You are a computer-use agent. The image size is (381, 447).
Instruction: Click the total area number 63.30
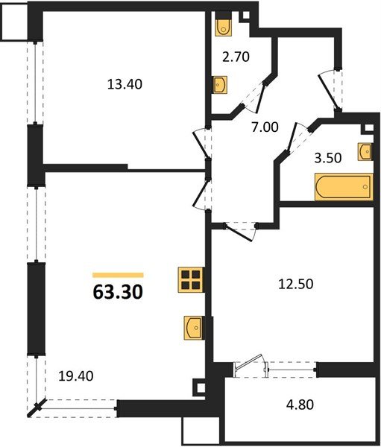117,291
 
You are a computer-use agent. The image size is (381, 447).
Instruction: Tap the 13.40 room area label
125,83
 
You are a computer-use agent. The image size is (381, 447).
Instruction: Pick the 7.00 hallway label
265,127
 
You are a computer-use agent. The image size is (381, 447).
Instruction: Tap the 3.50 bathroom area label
327,158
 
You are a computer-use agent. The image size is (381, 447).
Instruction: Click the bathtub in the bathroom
343,187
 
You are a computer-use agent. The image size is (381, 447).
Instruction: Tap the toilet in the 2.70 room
224,26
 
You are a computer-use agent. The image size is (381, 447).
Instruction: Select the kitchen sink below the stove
192,326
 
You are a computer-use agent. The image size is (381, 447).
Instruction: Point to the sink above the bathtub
365,151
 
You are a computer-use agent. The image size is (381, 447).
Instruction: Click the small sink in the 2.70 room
221,86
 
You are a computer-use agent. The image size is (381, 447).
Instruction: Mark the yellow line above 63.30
117,275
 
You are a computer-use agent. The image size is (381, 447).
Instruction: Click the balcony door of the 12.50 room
250,366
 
